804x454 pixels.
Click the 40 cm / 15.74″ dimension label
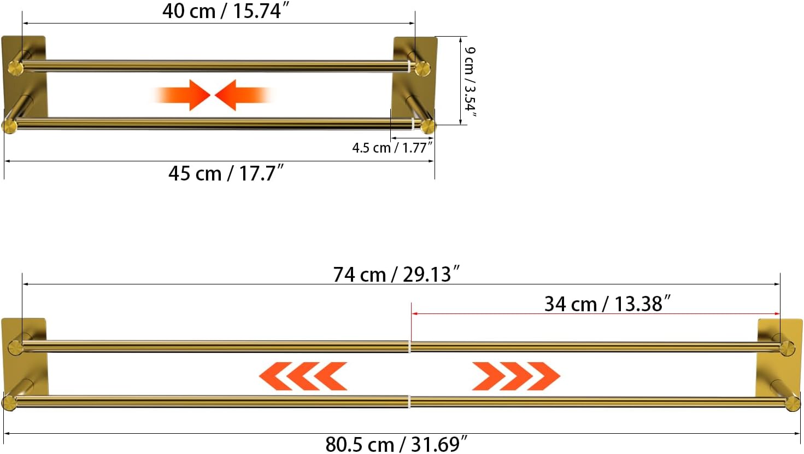[x=225, y=11]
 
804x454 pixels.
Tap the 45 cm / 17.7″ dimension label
[x=226, y=173]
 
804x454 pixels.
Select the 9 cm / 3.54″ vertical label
[x=470, y=82]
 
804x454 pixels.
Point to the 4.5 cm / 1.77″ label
[x=392, y=148]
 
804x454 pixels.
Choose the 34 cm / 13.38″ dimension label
[x=607, y=304]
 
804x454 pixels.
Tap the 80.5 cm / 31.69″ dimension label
[x=396, y=444]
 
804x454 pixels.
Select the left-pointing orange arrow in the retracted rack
[x=243, y=95]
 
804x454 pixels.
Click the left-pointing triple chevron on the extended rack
[x=303, y=376]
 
